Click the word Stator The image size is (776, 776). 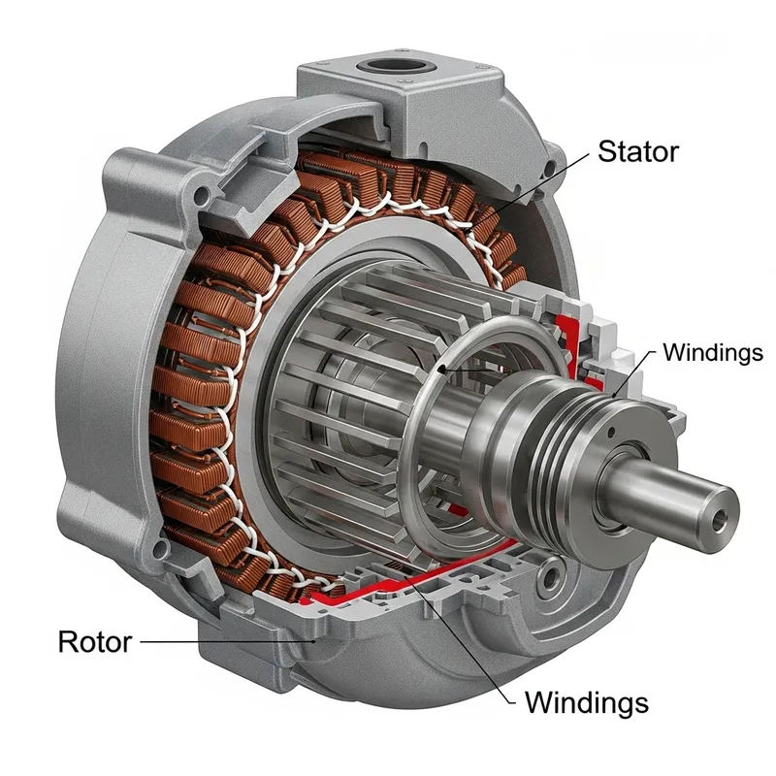637,152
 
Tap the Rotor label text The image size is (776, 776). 94,642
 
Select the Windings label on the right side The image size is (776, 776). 712,352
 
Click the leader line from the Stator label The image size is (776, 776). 543,184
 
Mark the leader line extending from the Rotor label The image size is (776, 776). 223,641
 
